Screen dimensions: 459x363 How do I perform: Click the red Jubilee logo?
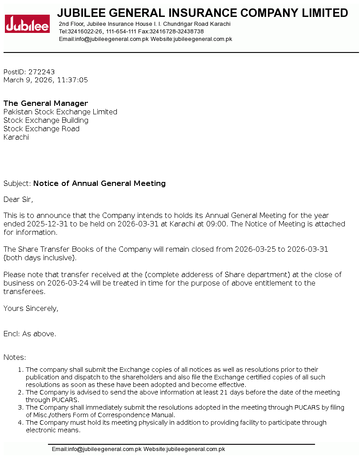pyautogui.click(x=27, y=24)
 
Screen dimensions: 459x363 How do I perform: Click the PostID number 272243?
pyautogui.click(x=41, y=72)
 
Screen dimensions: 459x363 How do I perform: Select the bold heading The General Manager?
pyautogui.click(x=46, y=104)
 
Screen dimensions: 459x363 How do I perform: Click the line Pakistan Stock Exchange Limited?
pyautogui.click(x=60, y=112)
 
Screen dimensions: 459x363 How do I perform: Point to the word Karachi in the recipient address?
pyautogui.click(x=16, y=137)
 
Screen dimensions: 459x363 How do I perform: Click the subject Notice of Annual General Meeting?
pyautogui.click(x=100, y=184)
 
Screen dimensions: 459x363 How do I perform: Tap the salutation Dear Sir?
pyautogui.click(x=18, y=200)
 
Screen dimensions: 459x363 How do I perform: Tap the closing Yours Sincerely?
pyautogui.click(x=31, y=309)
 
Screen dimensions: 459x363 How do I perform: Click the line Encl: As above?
pyautogui.click(x=30, y=334)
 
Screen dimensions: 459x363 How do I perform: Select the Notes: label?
pyautogui.click(x=15, y=358)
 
